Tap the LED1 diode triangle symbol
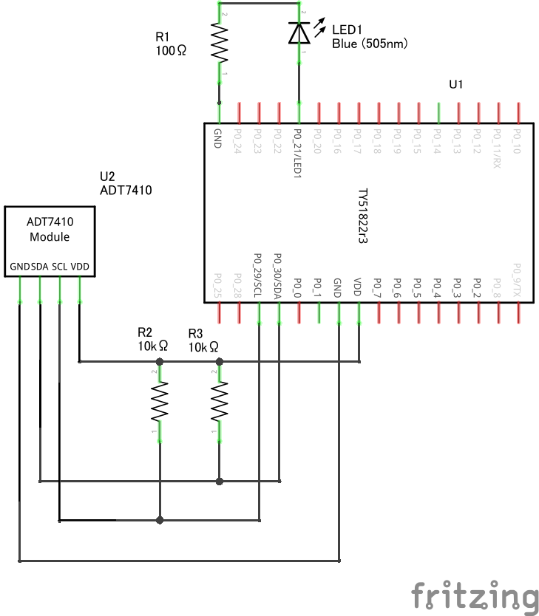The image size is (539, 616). pos(299,33)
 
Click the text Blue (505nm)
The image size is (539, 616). pos(370,44)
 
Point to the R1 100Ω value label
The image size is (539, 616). pos(172,51)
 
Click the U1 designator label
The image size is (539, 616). pos(456,85)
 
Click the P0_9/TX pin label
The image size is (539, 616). pos(518,279)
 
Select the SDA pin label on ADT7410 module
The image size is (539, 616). pos(39,266)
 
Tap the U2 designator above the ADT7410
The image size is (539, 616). pos(107,177)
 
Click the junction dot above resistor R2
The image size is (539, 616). pos(160,362)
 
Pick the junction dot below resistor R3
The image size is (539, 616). pos(220,482)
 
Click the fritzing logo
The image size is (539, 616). pos(475,596)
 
